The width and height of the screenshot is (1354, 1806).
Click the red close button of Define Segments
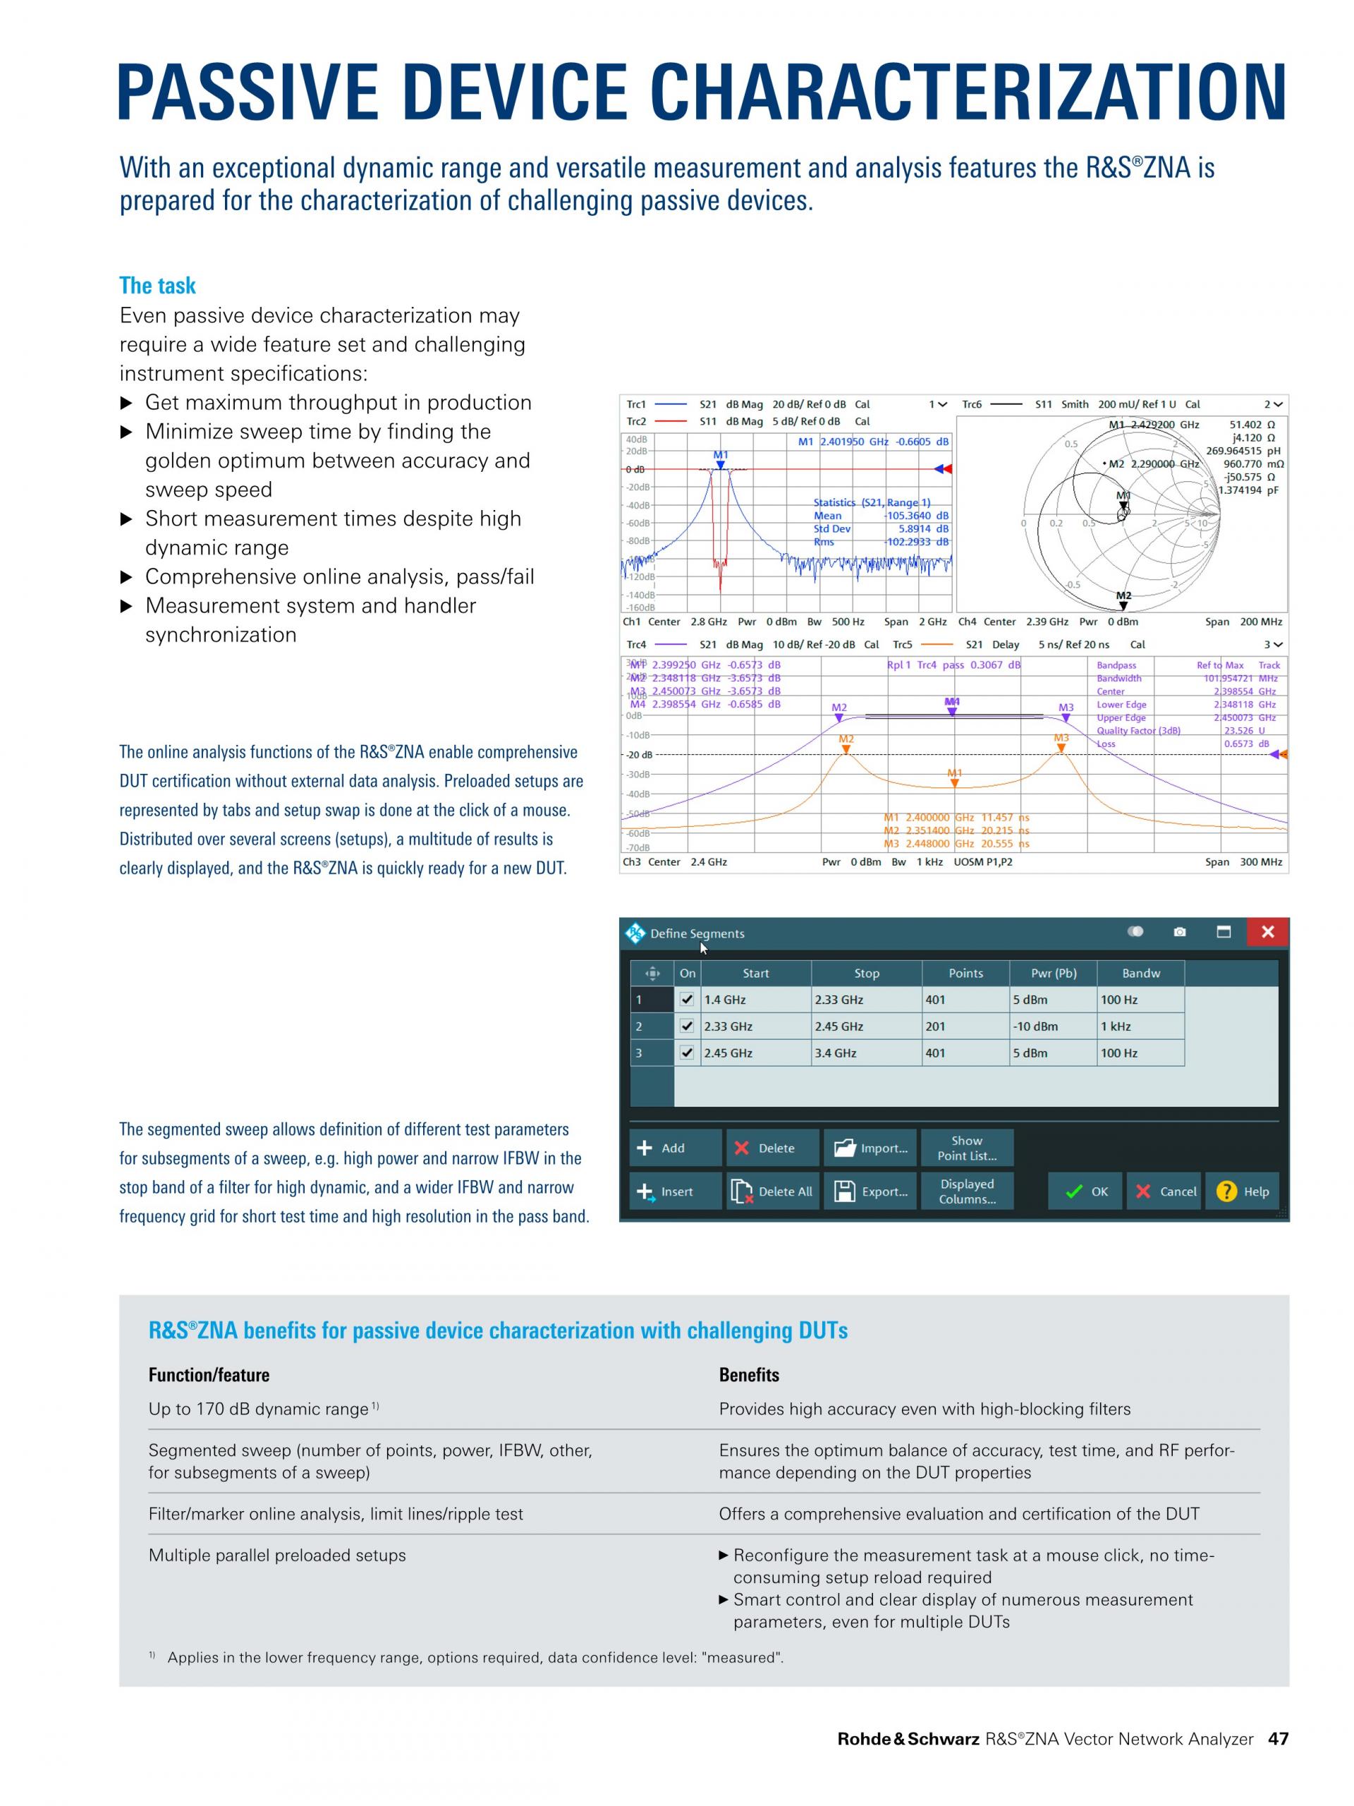[x=1267, y=932]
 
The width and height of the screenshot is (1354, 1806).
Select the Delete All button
[x=772, y=1192]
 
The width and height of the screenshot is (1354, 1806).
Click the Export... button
[x=871, y=1192]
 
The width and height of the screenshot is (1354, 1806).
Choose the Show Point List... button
[x=966, y=1148]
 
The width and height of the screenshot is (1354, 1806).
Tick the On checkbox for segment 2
[x=687, y=1026]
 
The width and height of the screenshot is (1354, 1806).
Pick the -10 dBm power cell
[x=1052, y=1026]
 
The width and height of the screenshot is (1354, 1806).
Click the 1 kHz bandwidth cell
[x=1140, y=1026]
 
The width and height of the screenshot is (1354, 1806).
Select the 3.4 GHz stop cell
[x=866, y=1053]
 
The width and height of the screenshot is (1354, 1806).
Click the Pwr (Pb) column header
[x=1053, y=974]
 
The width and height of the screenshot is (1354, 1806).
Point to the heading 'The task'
[x=157, y=286]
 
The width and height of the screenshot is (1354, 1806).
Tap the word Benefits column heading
[x=748, y=1375]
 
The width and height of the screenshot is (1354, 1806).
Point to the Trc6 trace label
[x=971, y=404]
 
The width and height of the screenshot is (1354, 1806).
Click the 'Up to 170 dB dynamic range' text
[x=258, y=1410]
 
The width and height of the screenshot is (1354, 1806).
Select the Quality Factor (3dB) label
[x=1138, y=731]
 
